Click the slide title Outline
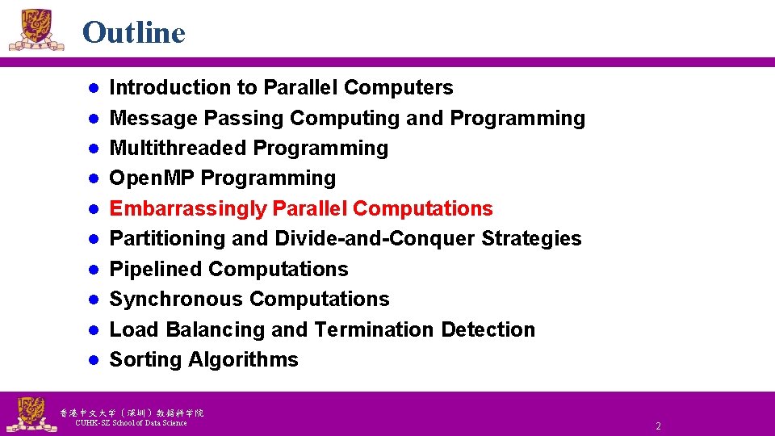click(x=133, y=32)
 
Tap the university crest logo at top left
click(x=36, y=31)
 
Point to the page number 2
click(x=658, y=426)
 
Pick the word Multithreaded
click(x=178, y=148)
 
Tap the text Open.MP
click(x=152, y=178)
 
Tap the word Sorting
click(x=145, y=359)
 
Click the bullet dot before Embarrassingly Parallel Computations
click(x=94, y=208)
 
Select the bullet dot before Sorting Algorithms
click(x=94, y=359)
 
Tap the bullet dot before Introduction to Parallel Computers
click(x=94, y=87)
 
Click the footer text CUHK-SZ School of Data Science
click(x=131, y=423)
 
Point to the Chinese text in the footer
click(x=132, y=412)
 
